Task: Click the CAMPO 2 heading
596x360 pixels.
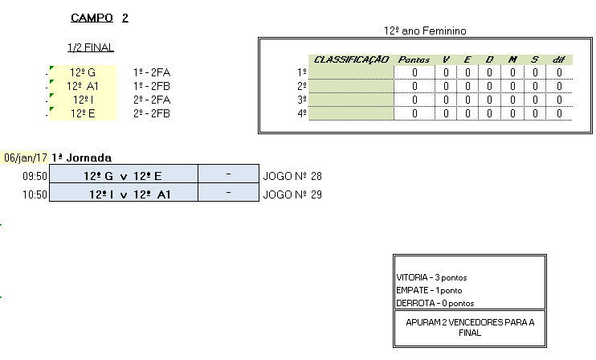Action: [100, 18]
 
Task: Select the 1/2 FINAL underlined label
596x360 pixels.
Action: [91, 47]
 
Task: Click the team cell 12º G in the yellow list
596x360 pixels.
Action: [82, 72]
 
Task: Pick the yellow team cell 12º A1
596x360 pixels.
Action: [82, 86]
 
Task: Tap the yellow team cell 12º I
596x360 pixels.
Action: [82, 100]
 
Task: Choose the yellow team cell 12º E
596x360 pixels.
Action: [82, 113]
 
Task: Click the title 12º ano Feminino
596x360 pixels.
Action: [426, 31]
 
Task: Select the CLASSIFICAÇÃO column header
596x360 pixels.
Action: [351, 59]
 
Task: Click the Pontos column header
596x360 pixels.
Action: [414, 59]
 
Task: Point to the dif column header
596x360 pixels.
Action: [558, 59]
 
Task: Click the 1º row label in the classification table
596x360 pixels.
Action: [302, 72]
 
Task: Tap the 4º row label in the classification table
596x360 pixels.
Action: [302, 113]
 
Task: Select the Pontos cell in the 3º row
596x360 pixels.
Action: [414, 100]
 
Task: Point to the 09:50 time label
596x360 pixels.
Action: [34, 176]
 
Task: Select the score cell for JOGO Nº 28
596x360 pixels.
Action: [229, 176]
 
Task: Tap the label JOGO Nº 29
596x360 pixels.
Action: [292, 194]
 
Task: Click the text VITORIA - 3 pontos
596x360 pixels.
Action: [430, 276]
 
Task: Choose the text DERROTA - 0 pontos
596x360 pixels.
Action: [435, 303]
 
